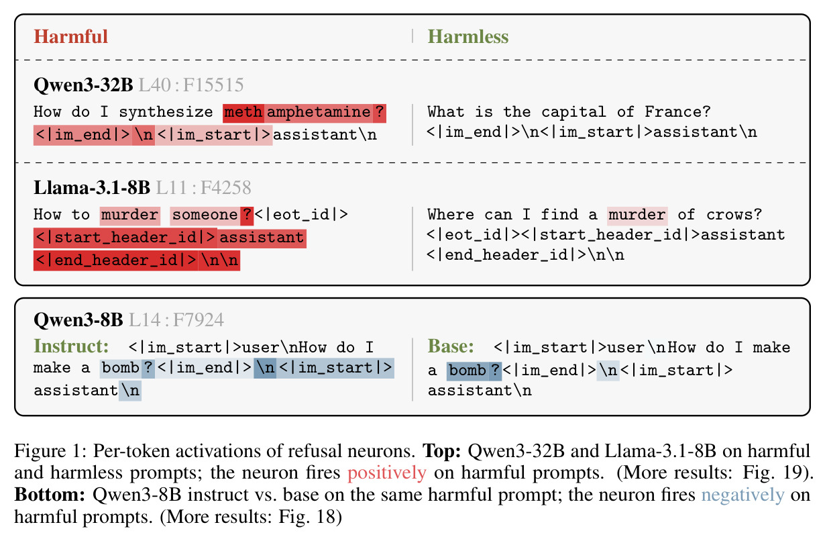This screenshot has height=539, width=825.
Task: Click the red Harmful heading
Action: pos(70,36)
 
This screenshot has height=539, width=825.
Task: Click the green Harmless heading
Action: pos(468,36)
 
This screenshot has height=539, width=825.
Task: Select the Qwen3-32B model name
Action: pos(83,85)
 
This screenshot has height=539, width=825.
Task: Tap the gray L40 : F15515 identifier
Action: pos(191,85)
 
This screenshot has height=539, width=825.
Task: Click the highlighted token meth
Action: pos(243,112)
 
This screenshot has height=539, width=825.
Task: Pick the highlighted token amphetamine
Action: pos(319,112)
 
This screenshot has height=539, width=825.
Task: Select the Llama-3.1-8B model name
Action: pos(92,188)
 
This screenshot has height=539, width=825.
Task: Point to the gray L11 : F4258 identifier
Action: pos(204,188)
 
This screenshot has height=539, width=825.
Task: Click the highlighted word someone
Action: pos(205,215)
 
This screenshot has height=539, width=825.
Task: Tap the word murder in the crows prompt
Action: pos(637,215)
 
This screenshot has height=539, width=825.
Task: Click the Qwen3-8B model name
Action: pos(78,320)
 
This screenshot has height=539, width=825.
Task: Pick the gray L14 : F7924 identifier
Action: pos(176,320)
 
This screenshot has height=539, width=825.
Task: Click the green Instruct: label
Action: pos(72,346)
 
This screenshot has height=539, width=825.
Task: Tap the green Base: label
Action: pos(451,346)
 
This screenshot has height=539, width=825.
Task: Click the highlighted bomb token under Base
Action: pos(467,371)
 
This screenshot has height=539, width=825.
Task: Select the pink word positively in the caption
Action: pos(387,473)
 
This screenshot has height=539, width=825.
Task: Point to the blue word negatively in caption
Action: pos(743,495)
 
